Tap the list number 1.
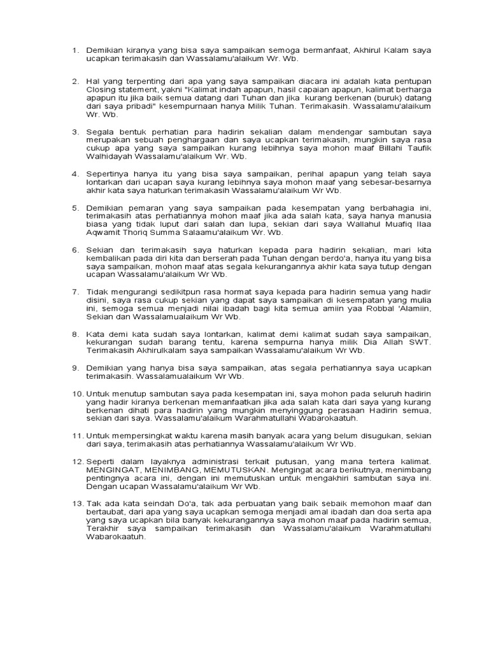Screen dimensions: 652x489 (x=74, y=50)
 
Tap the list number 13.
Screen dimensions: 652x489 (x=76, y=504)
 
